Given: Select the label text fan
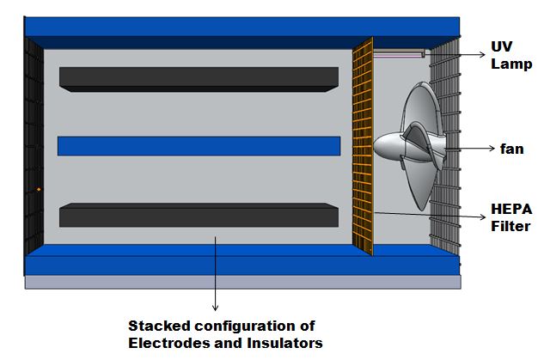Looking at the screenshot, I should [x=511, y=148].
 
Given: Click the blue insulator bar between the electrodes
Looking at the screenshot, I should [x=199, y=146].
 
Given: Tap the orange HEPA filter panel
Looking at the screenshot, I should [x=364, y=146].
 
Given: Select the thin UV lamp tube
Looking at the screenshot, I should [x=400, y=54].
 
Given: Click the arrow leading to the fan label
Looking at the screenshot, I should [x=468, y=149].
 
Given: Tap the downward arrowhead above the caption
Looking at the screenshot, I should [x=215, y=307].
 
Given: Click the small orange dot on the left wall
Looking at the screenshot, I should [x=39, y=189].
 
